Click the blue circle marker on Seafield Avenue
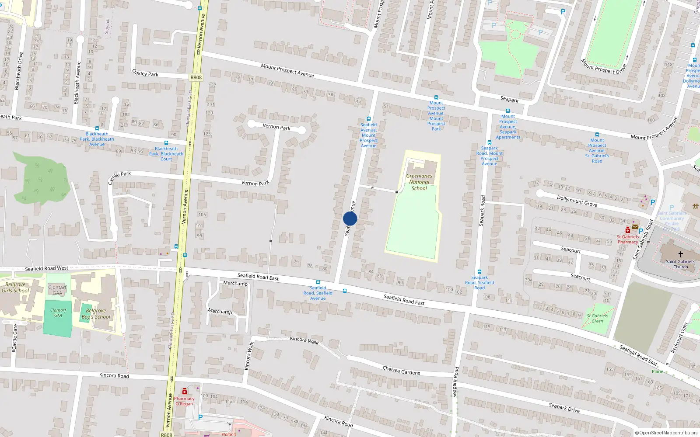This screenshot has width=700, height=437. point(350,218)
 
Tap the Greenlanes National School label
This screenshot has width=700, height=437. point(419,182)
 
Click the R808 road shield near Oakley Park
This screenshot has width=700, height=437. point(196,77)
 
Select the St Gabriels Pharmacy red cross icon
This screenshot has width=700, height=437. point(628,230)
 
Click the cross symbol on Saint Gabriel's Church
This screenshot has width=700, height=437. point(681,254)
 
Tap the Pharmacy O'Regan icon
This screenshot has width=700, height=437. point(185,391)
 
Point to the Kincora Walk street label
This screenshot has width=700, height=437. point(304,340)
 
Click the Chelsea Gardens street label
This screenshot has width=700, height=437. point(401,371)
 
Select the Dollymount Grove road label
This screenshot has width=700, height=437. point(577,201)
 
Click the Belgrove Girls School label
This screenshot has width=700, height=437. point(15,288)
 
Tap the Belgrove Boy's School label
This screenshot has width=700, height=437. point(96,314)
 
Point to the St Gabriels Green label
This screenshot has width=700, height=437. point(597,318)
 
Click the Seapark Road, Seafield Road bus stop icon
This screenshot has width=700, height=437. point(479,272)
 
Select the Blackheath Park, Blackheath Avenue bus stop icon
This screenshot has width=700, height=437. point(97,128)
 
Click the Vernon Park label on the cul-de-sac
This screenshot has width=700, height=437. point(276,127)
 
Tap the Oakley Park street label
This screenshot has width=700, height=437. point(145,73)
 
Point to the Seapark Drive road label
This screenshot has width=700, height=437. point(564,408)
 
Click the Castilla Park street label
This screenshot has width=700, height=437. point(119,177)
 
